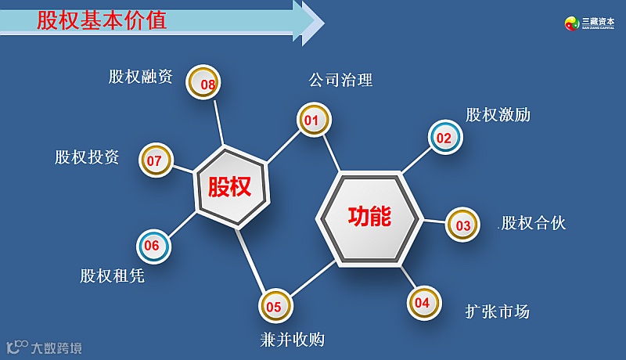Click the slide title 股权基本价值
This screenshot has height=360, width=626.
pos(102,20)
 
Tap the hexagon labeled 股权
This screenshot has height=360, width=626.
pos(229,187)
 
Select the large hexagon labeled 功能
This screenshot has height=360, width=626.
pos(369,216)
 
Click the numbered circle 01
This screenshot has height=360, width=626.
pos(313,121)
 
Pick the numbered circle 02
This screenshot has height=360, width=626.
pos(445,138)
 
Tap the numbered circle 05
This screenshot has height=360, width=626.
pos(275,307)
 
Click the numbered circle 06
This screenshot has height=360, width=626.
pos(153,246)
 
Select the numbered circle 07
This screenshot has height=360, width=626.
pos(155,160)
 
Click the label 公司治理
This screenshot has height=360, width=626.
pos(340,80)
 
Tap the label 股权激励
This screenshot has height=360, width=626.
pos(498,115)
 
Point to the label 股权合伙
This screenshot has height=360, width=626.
pos(533,224)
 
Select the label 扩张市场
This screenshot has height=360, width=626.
pos(497,311)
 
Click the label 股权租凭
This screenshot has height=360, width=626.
pos(112,276)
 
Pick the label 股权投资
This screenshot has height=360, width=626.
pos(87,157)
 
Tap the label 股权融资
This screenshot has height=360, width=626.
pos(141,77)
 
